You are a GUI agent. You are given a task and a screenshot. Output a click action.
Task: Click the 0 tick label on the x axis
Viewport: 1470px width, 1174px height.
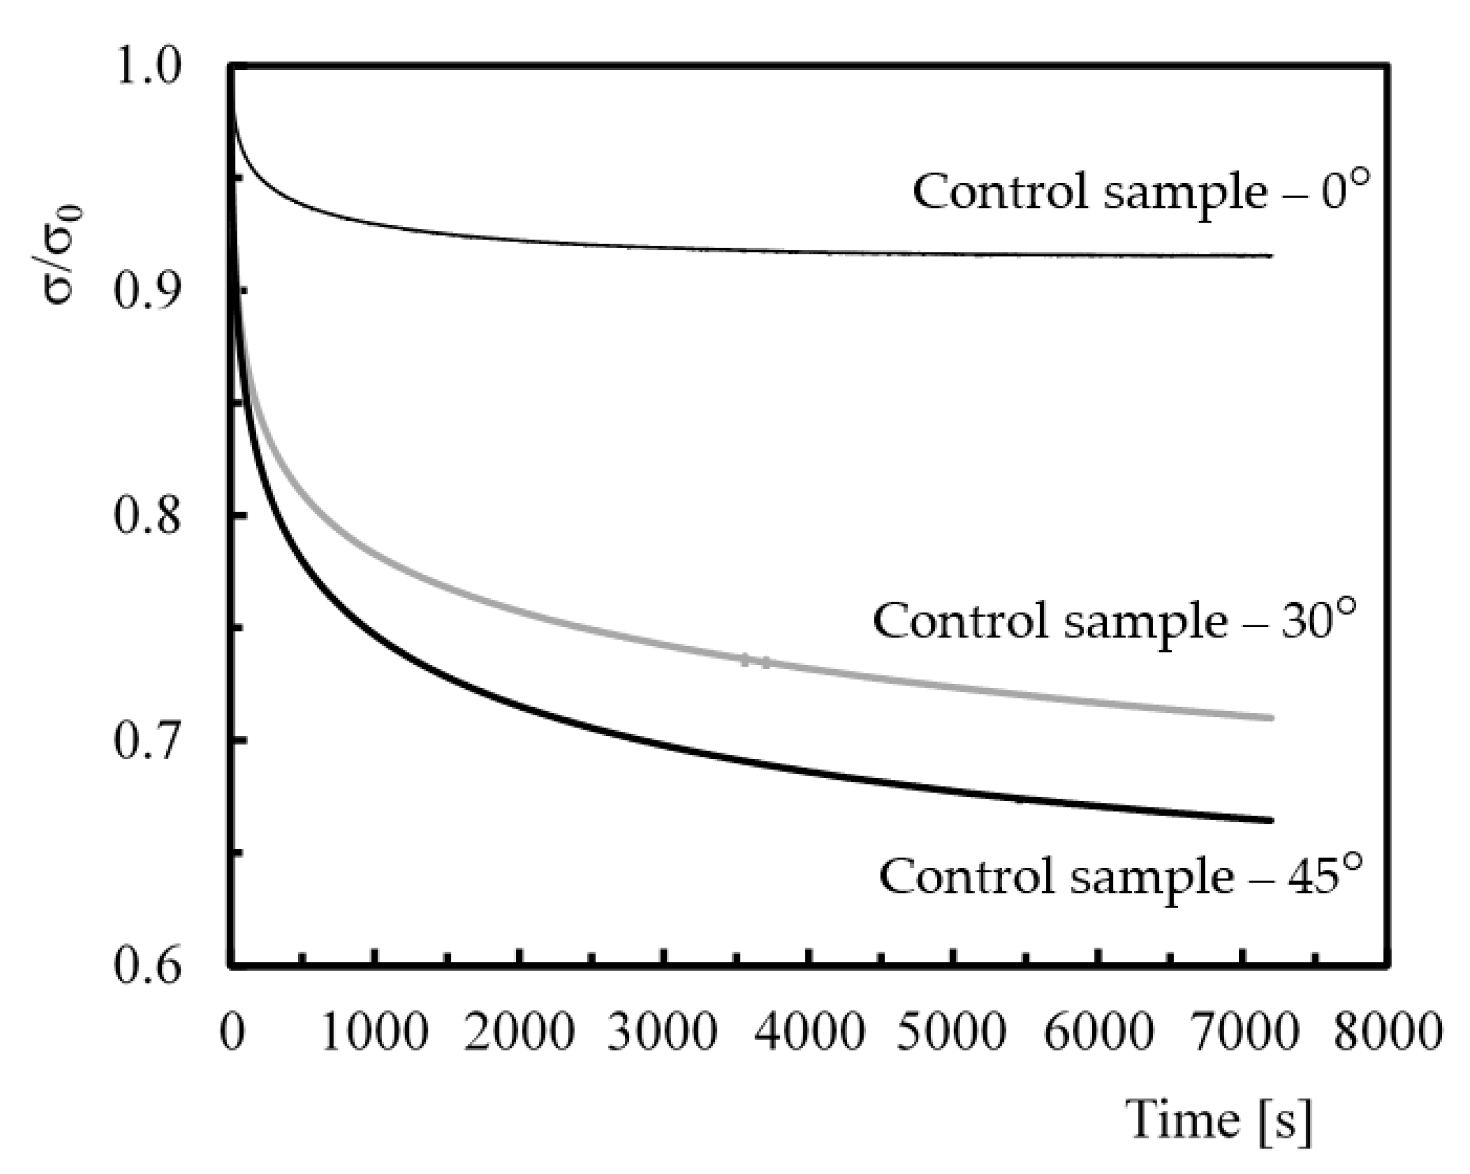pos(232,1032)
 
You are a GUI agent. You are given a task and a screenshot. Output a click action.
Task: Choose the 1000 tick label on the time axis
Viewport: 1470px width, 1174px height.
pos(375,1032)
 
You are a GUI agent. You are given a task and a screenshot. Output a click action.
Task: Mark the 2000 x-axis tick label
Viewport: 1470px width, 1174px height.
pos(520,1032)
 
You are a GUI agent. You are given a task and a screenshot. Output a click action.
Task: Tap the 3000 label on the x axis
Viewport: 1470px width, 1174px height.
pos(663,1032)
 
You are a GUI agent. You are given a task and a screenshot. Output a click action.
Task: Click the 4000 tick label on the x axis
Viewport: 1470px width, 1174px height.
pos(809,1032)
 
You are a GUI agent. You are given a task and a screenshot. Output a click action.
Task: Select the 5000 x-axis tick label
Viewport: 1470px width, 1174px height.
pos(952,1032)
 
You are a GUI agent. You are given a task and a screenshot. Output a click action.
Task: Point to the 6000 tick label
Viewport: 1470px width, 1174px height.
pos(1098,1032)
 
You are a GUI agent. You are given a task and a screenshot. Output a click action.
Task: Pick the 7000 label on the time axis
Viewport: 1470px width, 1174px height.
pos(1242,1032)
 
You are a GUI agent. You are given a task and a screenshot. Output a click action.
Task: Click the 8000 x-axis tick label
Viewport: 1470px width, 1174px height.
pos(1387,1032)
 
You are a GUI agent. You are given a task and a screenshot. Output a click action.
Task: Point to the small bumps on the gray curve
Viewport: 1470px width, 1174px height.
pos(756,661)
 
